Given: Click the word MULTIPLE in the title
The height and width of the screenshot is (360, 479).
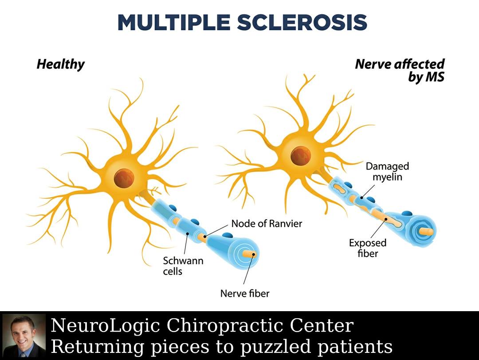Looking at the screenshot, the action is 174,22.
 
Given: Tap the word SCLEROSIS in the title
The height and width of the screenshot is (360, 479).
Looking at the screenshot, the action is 302,22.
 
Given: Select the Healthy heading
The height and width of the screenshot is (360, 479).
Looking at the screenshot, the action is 60,64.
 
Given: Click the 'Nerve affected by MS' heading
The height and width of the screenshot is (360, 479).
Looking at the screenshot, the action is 400,70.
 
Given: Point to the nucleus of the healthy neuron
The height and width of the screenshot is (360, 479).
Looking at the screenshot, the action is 124,178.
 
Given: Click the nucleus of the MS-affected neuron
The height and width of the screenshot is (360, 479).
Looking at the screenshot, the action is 301,156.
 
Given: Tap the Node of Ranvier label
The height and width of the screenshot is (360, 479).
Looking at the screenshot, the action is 267,224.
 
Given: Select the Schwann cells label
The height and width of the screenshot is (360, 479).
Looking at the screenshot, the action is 183,266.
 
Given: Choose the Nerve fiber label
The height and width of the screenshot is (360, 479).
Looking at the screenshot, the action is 245,293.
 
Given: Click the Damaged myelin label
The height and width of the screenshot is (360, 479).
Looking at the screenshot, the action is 387,172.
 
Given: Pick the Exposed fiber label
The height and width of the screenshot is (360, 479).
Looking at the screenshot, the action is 368,248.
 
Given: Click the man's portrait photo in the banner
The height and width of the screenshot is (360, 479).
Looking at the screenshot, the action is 24,336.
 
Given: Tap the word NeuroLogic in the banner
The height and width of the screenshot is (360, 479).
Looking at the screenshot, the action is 106,326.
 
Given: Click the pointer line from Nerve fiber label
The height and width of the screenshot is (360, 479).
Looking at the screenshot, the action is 248,269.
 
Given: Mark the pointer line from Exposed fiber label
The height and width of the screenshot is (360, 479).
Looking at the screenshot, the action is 378,228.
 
